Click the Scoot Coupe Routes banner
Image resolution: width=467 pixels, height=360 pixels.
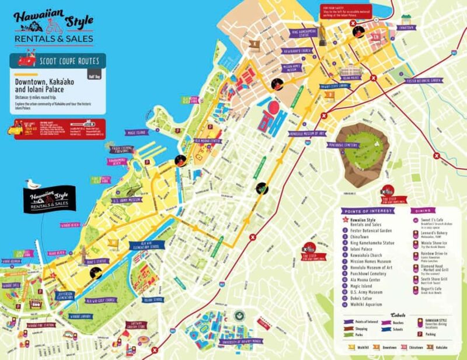tap(58, 61)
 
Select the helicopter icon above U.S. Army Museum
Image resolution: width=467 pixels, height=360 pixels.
tap(132, 188)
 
